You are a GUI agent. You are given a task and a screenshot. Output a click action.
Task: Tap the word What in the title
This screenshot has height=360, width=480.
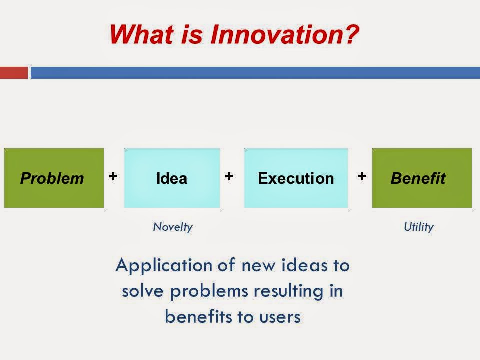[x=142, y=34]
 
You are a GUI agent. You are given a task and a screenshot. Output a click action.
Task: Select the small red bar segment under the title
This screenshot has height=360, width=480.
[x=14, y=73]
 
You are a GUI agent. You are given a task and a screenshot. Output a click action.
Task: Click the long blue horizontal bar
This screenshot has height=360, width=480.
[x=255, y=73]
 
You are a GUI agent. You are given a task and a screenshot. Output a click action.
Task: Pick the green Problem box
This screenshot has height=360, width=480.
[x=54, y=178]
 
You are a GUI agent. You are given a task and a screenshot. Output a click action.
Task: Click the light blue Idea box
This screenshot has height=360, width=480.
[x=172, y=178]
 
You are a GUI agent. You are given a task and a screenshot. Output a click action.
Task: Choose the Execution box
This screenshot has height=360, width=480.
[x=296, y=178]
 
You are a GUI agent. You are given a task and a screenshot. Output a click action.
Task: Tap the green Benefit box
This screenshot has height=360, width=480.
[x=422, y=178]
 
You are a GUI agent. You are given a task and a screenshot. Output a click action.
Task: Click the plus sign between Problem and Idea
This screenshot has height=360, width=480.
[x=113, y=176]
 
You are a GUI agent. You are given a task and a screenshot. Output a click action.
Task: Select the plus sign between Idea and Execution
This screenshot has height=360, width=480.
[x=229, y=176]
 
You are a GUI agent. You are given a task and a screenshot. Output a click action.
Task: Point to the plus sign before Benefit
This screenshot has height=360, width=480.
[x=362, y=176]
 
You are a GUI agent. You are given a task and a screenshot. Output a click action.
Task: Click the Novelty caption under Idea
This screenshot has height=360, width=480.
[x=173, y=227]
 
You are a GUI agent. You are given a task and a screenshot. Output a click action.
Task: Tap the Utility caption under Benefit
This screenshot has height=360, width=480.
[x=419, y=227]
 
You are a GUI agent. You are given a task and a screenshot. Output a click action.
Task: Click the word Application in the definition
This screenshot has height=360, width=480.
[x=164, y=265]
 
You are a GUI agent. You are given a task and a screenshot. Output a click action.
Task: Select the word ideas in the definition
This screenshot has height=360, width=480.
[x=304, y=265]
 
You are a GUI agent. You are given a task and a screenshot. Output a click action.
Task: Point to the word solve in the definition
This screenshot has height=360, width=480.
[x=142, y=291]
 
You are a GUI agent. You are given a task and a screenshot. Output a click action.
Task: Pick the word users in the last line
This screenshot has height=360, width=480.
[x=280, y=317]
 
